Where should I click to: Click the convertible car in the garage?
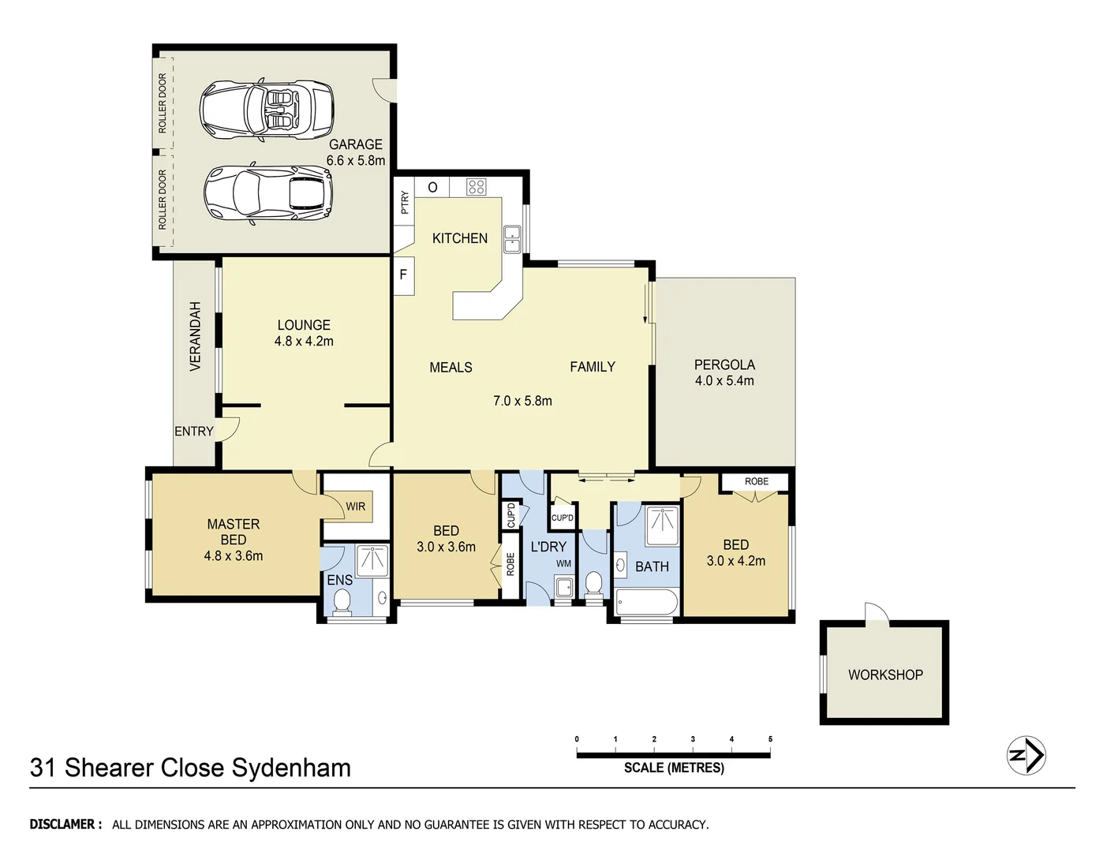point(266,110)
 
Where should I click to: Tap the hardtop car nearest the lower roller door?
point(267,193)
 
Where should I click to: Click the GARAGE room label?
point(355,144)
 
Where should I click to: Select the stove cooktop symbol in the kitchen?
point(476,187)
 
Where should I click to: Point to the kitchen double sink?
point(513,238)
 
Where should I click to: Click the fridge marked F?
point(403,275)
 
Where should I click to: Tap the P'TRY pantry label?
point(405,203)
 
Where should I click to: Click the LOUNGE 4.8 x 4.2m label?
point(304,333)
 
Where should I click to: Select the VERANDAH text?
point(196,336)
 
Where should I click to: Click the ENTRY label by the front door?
point(194,432)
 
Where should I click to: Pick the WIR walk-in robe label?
point(355,506)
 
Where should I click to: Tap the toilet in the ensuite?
point(342,602)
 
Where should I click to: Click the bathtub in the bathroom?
point(646,604)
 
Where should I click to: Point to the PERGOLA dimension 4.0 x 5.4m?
point(724,381)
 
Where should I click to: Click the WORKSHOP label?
point(885,674)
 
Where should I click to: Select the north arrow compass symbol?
point(1026,755)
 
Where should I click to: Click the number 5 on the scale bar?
point(770,739)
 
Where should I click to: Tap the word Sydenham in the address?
point(297,768)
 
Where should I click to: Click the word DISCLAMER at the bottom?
point(65,824)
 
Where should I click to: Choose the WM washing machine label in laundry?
point(563,564)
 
